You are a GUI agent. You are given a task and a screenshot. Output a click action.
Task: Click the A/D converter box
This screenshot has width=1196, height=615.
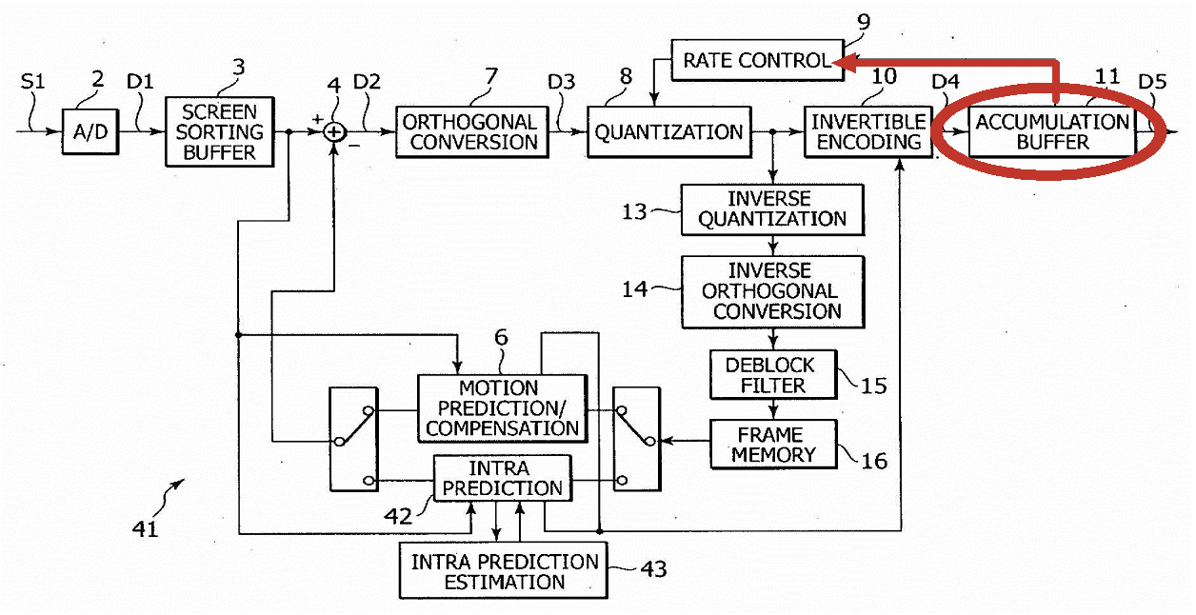(90, 132)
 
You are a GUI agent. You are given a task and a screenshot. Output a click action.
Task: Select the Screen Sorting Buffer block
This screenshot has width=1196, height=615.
(219, 132)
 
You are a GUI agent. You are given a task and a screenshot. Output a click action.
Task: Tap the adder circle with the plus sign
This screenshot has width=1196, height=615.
(334, 132)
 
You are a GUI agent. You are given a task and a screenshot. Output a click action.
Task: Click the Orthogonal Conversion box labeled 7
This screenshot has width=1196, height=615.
(472, 132)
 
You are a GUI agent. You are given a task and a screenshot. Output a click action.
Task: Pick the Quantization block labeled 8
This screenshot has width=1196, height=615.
(669, 132)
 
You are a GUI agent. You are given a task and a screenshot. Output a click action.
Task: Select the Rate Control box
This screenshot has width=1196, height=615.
(757, 60)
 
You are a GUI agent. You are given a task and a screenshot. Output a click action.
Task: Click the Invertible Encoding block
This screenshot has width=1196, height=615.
(868, 132)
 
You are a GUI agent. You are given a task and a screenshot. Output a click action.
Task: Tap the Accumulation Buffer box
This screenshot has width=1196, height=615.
(1052, 132)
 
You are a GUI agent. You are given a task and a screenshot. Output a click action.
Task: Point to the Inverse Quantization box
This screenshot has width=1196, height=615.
(772, 209)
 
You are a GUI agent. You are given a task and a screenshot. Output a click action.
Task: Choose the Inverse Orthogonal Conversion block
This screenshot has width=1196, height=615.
(772, 291)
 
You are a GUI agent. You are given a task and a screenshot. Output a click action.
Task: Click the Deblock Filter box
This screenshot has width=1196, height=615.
(772, 375)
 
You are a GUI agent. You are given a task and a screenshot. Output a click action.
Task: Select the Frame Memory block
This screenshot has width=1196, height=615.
(772, 445)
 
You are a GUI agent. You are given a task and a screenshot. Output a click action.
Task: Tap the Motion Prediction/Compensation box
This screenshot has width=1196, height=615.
(502, 408)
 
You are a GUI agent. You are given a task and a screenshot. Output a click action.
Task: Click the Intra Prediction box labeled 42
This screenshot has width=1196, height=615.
(502, 478)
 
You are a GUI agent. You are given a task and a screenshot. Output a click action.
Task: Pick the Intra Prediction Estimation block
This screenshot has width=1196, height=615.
(503, 570)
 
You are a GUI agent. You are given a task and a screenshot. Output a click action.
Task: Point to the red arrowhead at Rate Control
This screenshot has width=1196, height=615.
(845, 62)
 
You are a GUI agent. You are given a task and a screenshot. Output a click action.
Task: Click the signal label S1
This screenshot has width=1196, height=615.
(32, 82)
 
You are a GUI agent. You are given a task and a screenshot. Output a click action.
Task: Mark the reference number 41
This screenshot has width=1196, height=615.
(146, 529)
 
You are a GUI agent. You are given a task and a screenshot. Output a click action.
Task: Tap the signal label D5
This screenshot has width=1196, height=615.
(1152, 82)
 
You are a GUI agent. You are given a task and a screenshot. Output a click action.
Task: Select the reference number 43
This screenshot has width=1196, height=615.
(653, 569)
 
